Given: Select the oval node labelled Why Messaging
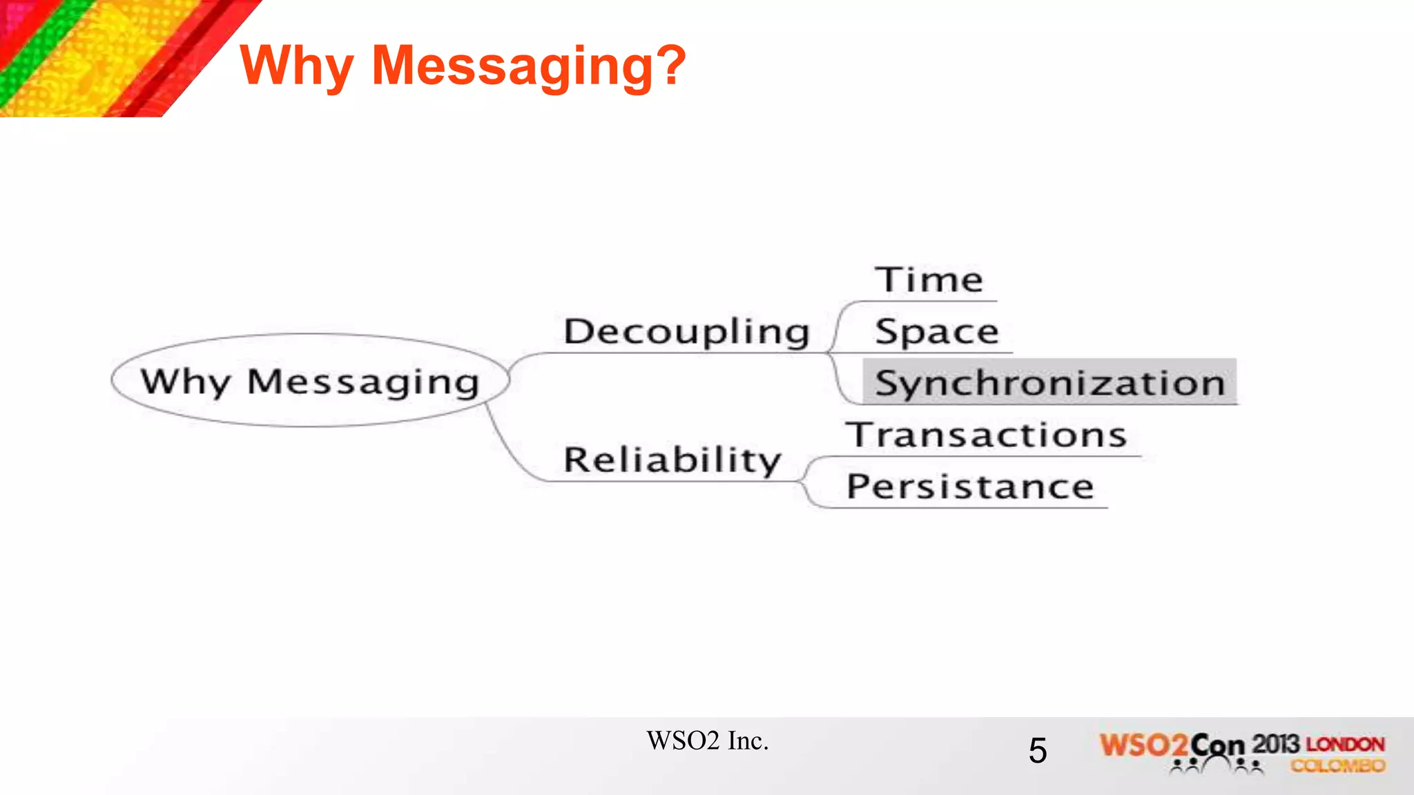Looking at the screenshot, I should click(310, 381).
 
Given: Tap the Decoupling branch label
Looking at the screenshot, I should click(686, 332).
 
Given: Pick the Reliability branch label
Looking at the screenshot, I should click(672, 460).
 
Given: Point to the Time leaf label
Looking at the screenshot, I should click(929, 280).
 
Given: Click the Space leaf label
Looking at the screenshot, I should click(937, 332).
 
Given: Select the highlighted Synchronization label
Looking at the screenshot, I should click(1049, 383).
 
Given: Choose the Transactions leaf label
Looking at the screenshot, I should click(987, 435).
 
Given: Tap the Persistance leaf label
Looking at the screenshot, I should click(970, 487).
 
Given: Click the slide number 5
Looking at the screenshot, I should click(1037, 750).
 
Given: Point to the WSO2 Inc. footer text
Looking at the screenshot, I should click(707, 740).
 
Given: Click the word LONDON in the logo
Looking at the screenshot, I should click(1345, 745).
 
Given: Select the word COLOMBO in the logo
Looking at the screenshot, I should click(1338, 765).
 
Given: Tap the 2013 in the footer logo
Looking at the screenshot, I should click(1276, 744).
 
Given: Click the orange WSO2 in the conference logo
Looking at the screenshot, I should click(1143, 745).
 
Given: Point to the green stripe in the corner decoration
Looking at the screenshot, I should click(41, 48).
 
